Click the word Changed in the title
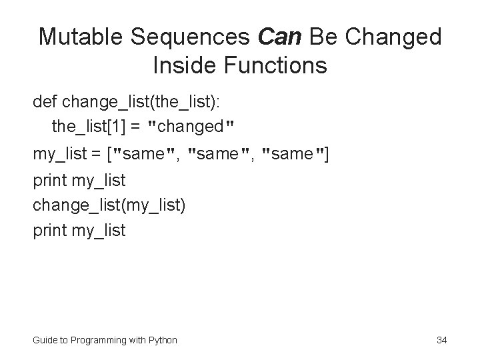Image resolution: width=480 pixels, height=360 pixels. coord(400,37)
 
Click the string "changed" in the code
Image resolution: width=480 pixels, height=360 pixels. coord(193,125)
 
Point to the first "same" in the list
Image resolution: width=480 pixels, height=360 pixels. coord(145,155)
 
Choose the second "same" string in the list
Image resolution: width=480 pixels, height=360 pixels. coord(219,155)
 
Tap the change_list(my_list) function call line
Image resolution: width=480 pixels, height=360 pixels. coord(109,205)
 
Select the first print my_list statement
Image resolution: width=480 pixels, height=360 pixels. coord(79,180)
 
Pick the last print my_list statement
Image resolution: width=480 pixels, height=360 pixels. coord(79,231)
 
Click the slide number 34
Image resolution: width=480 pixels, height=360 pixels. coord(441,340)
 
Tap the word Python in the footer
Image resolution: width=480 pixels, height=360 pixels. coord(163,340)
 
